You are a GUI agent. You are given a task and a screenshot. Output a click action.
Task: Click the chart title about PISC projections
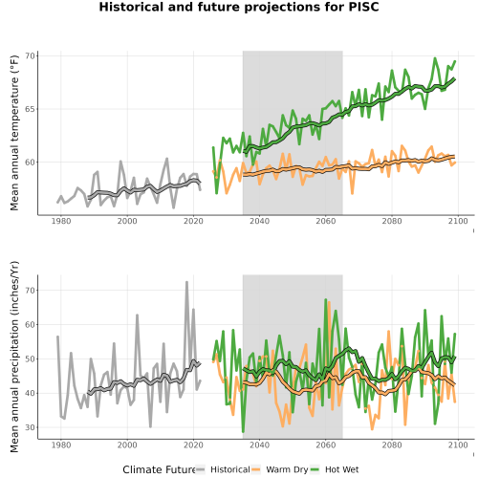pyautogui.click(x=239, y=7)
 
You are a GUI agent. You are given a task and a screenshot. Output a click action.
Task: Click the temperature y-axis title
pyautogui.click(x=14, y=133)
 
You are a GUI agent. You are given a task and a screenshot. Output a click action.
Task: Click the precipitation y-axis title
pyautogui.click(x=14, y=357)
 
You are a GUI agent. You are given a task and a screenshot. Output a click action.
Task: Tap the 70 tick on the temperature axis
pyautogui.click(x=30, y=56)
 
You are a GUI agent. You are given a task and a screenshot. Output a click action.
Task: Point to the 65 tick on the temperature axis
pyautogui.click(x=30, y=109)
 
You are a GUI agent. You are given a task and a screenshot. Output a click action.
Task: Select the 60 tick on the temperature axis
pyautogui.click(x=30, y=163)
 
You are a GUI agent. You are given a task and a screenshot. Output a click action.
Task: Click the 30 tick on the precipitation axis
pyautogui.click(x=30, y=427)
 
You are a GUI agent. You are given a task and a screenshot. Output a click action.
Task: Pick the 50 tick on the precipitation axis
pyautogui.click(x=30, y=358)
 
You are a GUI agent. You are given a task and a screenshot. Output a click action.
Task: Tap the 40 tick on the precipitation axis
pyautogui.click(x=30, y=393)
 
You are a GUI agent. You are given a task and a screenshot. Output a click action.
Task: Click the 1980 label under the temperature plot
pyautogui.click(x=61, y=221)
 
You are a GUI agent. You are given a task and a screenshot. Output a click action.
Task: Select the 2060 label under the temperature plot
pyautogui.click(x=326, y=221)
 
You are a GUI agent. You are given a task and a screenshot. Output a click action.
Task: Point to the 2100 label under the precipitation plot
pyautogui.click(x=458, y=445)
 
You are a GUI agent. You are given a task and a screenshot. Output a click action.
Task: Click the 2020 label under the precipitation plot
pyautogui.click(x=193, y=445)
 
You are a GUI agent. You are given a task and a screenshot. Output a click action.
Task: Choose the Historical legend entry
pyautogui.click(x=223, y=469)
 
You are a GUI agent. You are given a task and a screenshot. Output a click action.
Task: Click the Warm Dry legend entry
pyautogui.click(x=279, y=469)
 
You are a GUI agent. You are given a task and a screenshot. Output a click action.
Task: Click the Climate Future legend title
pyautogui.click(x=159, y=469)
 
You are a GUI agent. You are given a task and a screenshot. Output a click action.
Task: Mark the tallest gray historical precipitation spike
pyautogui.click(x=187, y=282)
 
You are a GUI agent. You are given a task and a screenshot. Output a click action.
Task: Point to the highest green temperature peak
pyautogui.click(x=435, y=58)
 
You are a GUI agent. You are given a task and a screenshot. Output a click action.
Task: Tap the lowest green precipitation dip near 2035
pyautogui.click(x=243, y=431)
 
